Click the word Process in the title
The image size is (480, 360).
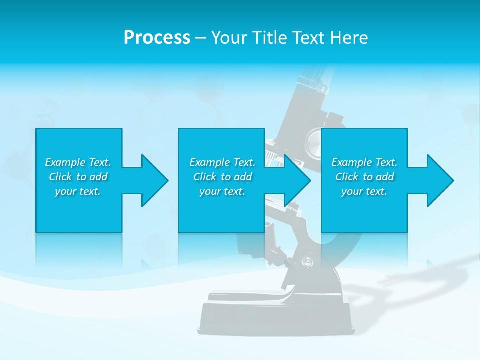click(x=157, y=38)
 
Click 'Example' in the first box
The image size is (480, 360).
click(x=65, y=162)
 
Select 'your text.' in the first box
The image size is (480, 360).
click(x=78, y=191)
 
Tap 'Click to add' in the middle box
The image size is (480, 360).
click(x=222, y=177)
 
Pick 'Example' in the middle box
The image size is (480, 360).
click(x=209, y=162)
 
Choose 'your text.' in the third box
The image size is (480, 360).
click(x=364, y=191)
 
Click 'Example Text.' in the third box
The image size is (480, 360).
click(x=364, y=162)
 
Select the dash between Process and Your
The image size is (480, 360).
click(x=200, y=38)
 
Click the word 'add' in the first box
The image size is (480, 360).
click(x=98, y=177)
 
